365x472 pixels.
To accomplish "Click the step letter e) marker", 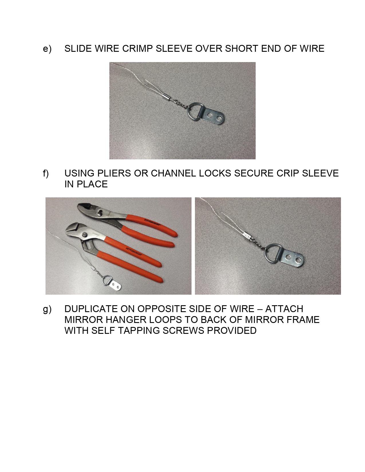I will coord(47,49).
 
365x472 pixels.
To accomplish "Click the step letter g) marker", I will coord(47,309).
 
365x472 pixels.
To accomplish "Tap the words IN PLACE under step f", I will coord(86,184).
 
